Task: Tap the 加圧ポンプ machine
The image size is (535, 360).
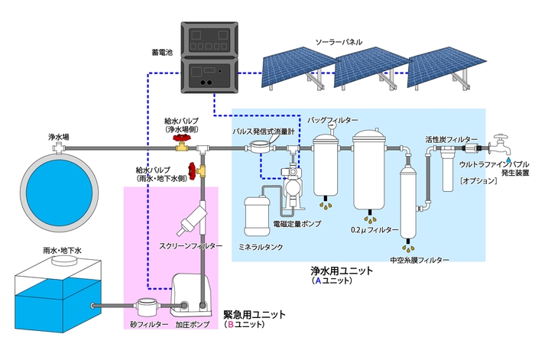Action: pos(188,295)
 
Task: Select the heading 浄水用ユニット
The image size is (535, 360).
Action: pos(341,271)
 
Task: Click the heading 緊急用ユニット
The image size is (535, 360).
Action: pos(255,314)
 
